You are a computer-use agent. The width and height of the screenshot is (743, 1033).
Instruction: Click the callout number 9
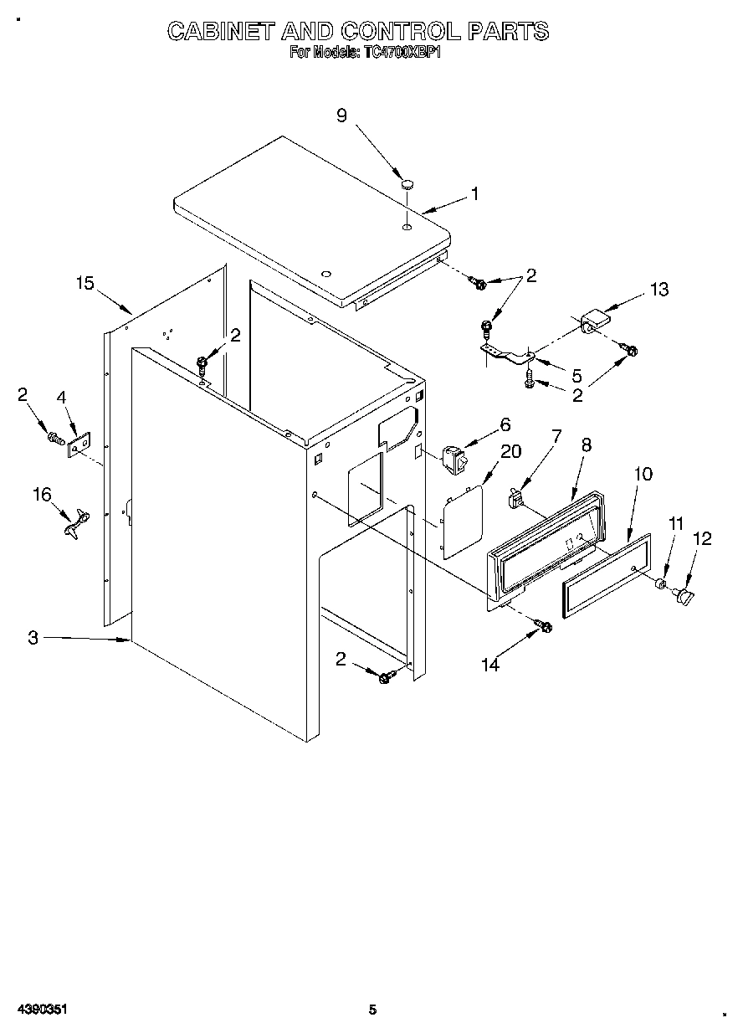coord(341,116)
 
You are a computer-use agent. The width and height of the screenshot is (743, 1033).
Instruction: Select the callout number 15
coord(85,283)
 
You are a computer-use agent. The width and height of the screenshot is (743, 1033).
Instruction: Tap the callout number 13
coord(659,290)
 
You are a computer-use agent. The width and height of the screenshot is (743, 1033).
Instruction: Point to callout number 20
coord(510,451)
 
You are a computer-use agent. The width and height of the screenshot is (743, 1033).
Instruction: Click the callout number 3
coord(33,638)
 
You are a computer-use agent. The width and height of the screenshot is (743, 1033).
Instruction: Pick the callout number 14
coord(490,665)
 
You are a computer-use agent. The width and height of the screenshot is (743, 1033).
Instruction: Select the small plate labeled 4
coord(79,445)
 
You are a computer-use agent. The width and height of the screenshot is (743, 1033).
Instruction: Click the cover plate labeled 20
coord(462,522)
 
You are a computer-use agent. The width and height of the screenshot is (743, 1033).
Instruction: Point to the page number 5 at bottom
coord(373,1010)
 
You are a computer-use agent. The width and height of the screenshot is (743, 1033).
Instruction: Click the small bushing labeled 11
coord(660,583)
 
